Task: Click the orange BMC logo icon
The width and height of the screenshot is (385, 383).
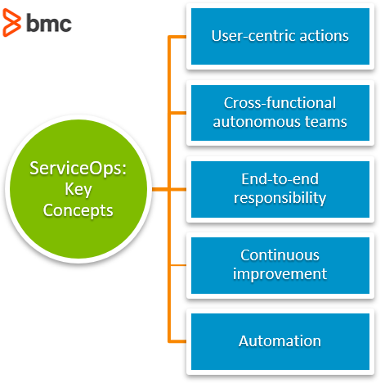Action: (11, 22)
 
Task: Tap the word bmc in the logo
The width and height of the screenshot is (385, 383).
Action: (49, 23)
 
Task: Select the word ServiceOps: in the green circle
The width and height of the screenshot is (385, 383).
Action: (78, 169)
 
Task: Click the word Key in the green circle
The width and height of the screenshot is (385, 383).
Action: (78, 189)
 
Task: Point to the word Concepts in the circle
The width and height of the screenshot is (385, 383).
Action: (78, 210)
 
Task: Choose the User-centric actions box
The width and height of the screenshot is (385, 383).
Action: (280, 36)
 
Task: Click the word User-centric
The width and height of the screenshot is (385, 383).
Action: (253, 36)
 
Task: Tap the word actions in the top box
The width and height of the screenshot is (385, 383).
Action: (324, 36)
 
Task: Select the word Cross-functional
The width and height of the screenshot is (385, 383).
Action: (280, 103)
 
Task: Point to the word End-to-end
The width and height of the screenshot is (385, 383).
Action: (280, 179)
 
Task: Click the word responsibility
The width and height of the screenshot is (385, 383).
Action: (280, 198)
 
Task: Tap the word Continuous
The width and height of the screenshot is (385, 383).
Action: (280, 255)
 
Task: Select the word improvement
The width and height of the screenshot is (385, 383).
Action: (280, 274)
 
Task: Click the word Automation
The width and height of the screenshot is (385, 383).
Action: (280, 341)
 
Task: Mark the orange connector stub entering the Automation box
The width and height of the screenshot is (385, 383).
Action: (178, 341)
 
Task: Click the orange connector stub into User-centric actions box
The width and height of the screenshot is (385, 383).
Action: (178, 37)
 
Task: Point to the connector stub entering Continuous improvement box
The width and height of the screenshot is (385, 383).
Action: (178, 265)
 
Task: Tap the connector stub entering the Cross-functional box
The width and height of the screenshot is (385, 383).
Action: (178, 113)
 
